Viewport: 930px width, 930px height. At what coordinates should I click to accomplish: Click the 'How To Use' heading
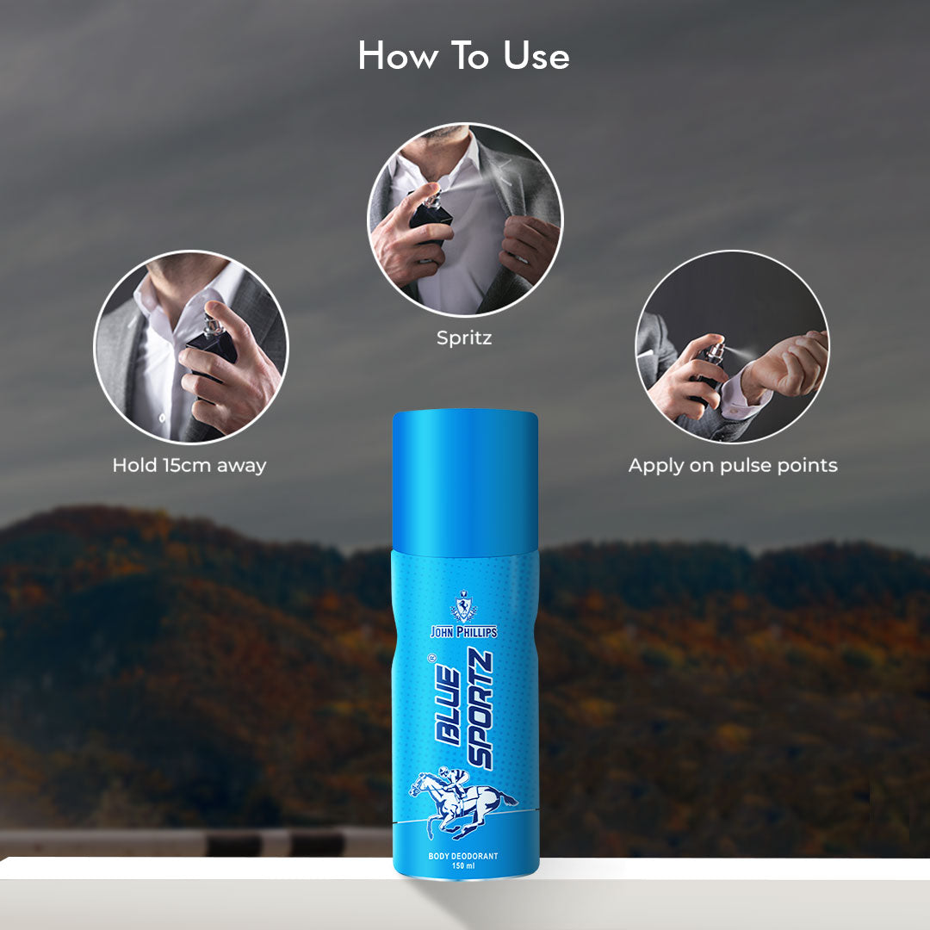pos(464,56)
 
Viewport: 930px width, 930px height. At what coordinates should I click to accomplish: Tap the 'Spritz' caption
pos(464,338)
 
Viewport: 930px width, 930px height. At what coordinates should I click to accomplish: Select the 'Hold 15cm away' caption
pos(189,465)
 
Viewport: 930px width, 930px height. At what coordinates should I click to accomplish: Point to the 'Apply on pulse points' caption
pos(733,466)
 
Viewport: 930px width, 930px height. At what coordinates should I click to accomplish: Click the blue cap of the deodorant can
pos(465,480)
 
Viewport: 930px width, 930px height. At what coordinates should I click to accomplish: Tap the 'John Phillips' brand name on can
pos(464,632)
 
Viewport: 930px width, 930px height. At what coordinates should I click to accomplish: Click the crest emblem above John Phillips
pos(464,606)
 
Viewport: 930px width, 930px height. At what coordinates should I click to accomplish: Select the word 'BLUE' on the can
pos(448,706)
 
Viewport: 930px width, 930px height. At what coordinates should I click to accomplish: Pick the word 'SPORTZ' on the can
pos(480,709)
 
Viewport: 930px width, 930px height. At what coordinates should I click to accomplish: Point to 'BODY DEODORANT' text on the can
pos(463,856)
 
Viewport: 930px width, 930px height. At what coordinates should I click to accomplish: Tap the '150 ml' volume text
pos(463,866)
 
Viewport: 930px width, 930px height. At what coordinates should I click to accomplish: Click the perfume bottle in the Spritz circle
pos(430,216)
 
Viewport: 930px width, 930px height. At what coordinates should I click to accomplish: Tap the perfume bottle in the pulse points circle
pos(710,368)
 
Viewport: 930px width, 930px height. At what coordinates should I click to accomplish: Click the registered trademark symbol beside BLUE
pos(431,657)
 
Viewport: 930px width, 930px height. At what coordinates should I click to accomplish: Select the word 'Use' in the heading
pos(536,57)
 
